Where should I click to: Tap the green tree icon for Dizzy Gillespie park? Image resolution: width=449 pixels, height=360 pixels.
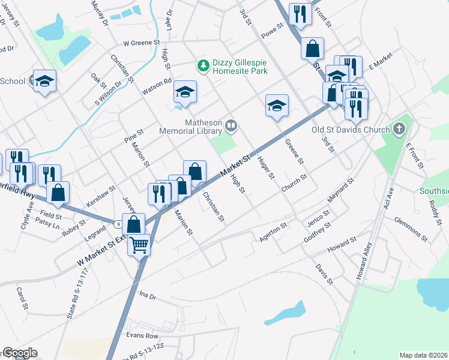point(203,64)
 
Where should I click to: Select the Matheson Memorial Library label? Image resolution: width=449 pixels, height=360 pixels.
point(191,126)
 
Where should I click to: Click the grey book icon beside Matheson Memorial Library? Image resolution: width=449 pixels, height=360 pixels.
point(231,126)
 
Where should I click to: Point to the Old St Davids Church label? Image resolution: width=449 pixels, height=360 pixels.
point(351,128)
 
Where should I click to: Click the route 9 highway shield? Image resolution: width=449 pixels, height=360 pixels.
point(119,224)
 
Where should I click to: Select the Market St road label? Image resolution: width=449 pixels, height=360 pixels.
point(234,165)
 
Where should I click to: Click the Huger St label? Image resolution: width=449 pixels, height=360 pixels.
point(265,167)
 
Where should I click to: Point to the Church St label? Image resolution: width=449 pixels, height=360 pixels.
point(294,184)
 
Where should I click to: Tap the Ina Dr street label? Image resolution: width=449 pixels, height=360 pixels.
point(147,296)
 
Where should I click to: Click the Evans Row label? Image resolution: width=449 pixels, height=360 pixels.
point(142,335)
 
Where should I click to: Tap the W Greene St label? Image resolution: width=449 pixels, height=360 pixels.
point(142,43)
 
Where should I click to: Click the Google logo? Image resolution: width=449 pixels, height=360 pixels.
point(19,353)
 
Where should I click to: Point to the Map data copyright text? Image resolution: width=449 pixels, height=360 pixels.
point(423,355)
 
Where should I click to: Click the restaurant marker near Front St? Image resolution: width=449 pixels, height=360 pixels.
point(300,14)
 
